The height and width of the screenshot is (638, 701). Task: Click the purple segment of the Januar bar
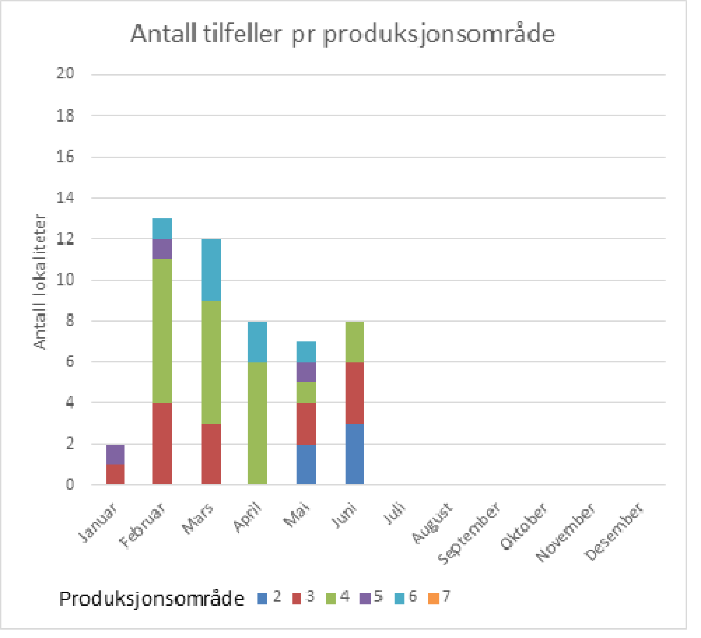115,455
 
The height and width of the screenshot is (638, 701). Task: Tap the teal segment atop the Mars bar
211,270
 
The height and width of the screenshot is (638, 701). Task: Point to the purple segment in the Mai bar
306,372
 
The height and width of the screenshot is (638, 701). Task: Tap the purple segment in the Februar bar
162,249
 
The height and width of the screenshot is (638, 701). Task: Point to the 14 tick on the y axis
65,198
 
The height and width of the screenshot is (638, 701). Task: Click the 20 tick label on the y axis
65,73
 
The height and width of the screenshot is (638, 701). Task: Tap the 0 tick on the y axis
70,484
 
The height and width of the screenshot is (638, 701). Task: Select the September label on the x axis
469,533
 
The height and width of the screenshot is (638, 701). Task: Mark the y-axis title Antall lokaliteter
40,282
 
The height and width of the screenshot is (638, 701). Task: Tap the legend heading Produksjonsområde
152,599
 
